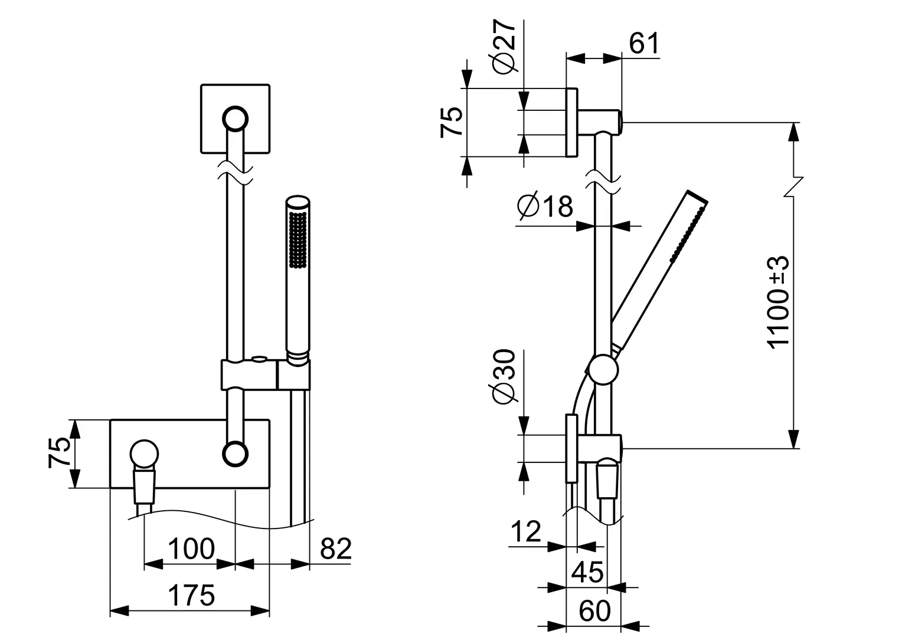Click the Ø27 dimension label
505,47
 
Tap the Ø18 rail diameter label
544,207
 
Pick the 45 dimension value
588,572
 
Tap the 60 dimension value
594,611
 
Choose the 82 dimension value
335,549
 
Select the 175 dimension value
191,596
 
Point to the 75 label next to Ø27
452,123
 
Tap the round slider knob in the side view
602,371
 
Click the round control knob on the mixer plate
144,455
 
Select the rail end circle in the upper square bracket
235,119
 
